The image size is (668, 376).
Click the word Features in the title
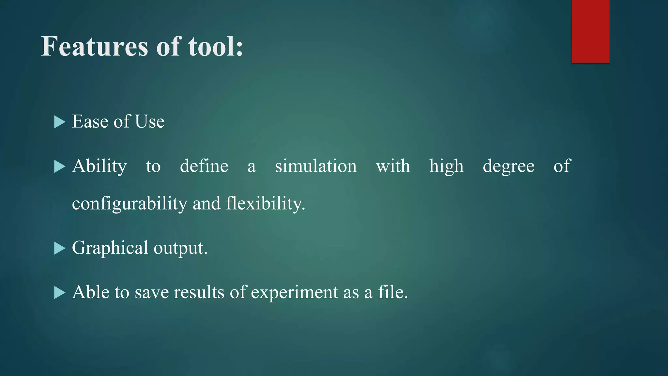(x=95, y=46)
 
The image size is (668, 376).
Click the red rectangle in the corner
(x=590, y=31)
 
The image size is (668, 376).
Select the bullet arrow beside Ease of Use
(x=59, y=122)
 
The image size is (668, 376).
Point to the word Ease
(x=90, y=122)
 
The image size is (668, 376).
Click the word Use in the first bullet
(x=150, y=122)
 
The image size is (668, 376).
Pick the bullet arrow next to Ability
(x=59, y=166)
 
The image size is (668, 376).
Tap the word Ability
(x=99, y=166)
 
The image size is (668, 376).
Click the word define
(x=204, y=166)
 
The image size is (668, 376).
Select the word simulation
(x=316, y=166)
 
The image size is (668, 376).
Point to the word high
(x=446, y=166)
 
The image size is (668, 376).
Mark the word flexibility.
(x=266, y=203)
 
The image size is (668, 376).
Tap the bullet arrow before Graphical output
(x=59, y=248)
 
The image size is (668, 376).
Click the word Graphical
(x=110, y=248)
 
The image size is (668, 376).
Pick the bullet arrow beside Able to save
(x=59, y=293)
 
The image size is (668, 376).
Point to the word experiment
(x=295, y=293)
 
